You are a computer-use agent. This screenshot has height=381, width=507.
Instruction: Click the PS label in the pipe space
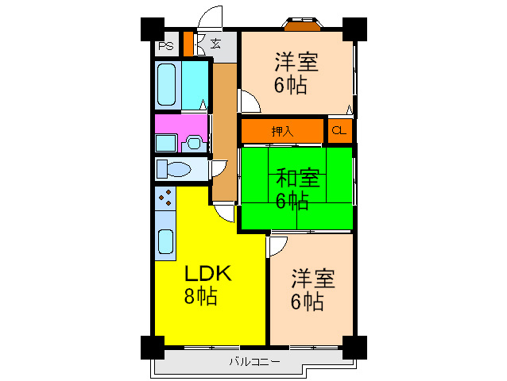click(x=166, y=46)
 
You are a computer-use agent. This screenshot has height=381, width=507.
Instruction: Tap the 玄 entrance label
click(x=215, y=44)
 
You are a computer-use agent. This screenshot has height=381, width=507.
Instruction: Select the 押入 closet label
click(x=282, y=132)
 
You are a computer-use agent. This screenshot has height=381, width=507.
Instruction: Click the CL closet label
click(x=339, y=130)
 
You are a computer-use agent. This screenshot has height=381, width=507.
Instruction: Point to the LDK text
click(x=208, y=274)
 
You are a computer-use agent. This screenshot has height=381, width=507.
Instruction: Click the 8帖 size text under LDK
click(x=200, y=296)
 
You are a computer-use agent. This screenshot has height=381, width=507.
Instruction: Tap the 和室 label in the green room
click(x=297, y=178)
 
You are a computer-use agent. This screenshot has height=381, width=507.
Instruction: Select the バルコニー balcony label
click(x=254, y=362)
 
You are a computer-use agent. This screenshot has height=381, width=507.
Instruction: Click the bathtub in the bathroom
click(x=167, y=85)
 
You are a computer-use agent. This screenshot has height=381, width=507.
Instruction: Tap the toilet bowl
click(x=177, y=169)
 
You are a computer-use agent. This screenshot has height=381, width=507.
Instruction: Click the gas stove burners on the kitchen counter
click(x=165, y=198)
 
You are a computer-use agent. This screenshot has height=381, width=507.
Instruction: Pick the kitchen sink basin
click(x=165, y=241)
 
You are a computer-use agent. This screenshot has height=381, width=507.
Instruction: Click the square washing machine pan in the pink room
click(x=166, y=144)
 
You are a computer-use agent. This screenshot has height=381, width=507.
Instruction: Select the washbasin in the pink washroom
click(x=194, y=144)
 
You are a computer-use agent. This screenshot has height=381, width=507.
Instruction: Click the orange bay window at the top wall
click(x=303, y=25)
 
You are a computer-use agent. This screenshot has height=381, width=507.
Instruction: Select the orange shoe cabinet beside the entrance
click(x=188, y=44)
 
